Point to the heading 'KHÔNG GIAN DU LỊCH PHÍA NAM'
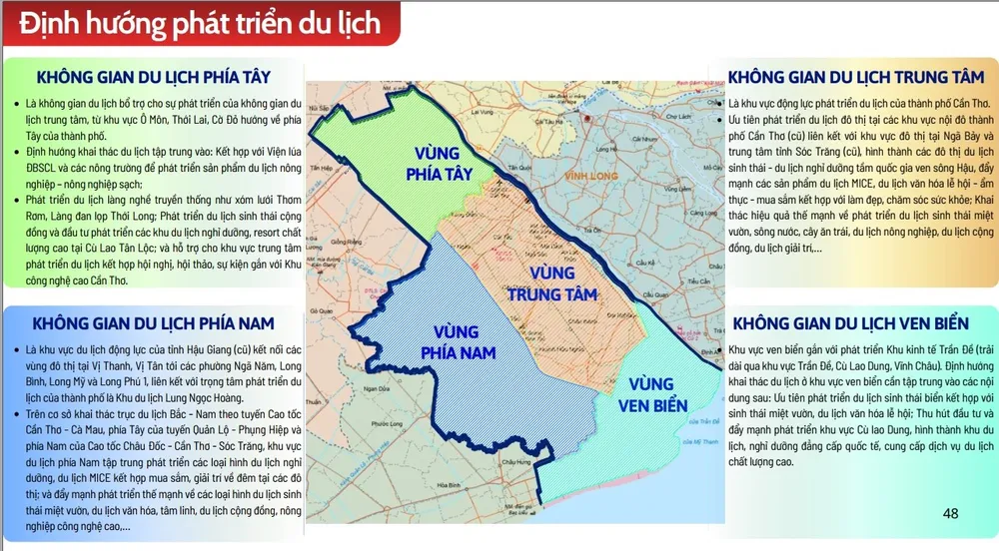click(x=153, y=323)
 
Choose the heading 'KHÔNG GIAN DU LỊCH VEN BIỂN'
click(x=850, y=325)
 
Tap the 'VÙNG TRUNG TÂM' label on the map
click(x=551, y=282)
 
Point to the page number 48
click(x=950, y=514)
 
